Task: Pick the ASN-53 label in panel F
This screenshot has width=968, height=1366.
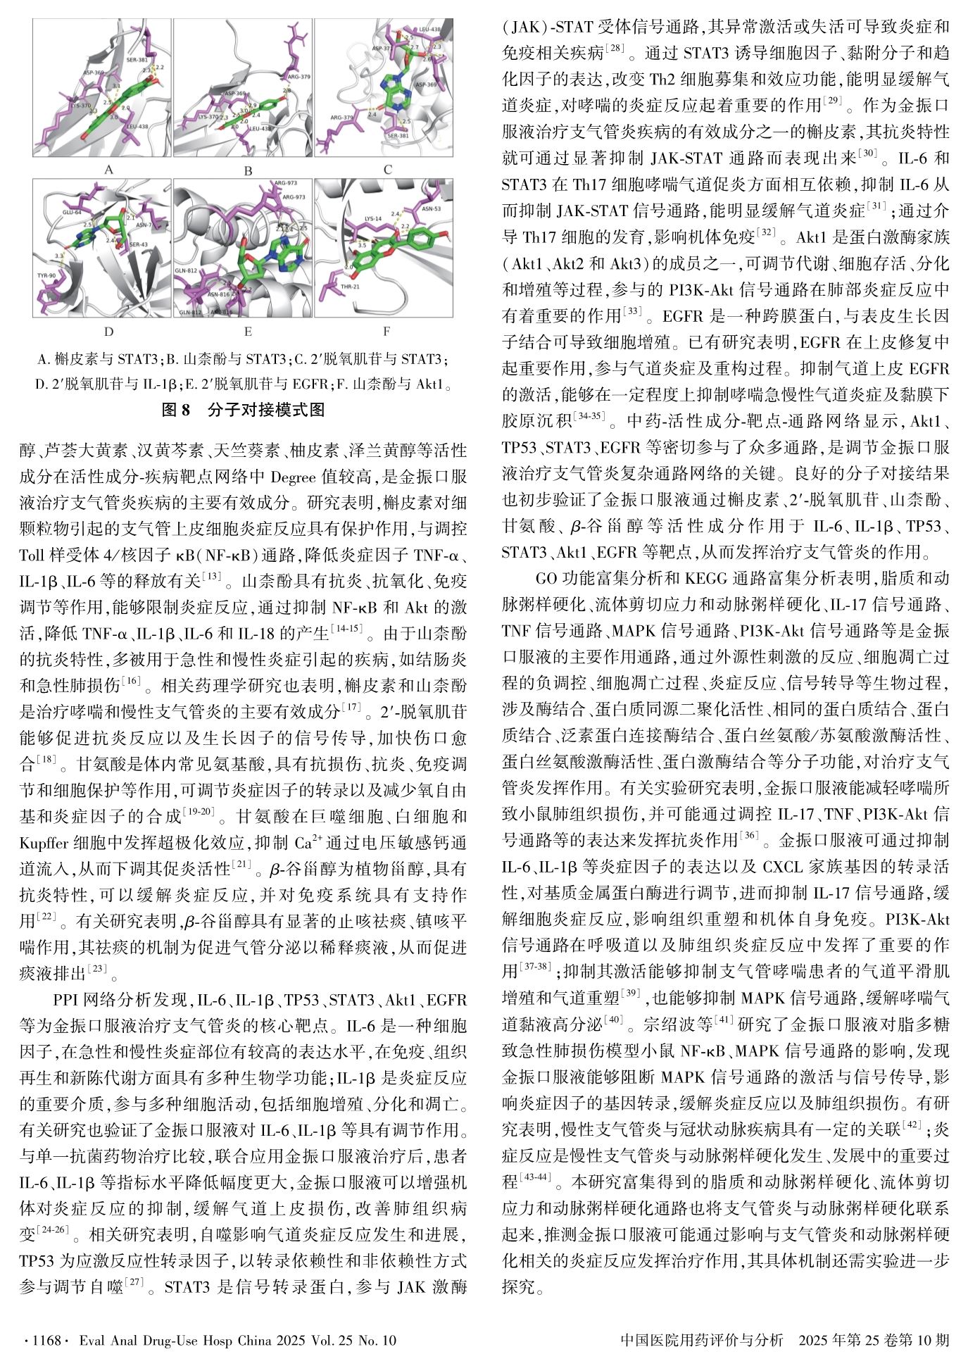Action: coord(432,208)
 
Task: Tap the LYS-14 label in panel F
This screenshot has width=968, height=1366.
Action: coord(373,219)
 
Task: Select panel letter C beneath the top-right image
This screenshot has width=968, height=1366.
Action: coord(387,170)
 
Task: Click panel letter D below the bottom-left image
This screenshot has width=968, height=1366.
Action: coord(108,331)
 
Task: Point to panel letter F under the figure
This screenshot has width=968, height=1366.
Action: coord(386,331)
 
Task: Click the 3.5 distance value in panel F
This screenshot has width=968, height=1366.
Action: coord(363,244)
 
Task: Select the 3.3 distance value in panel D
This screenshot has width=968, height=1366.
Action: coord(58,256)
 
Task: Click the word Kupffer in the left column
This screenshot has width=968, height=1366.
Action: coord(46,842)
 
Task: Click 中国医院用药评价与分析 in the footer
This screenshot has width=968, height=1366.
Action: coord(702,1340)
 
